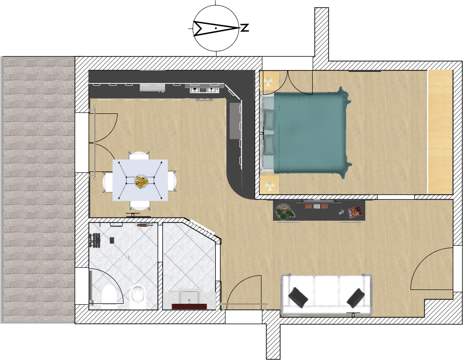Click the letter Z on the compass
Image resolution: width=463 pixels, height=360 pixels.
(x=245, y=28)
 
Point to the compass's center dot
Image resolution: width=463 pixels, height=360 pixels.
(x=216, y=28)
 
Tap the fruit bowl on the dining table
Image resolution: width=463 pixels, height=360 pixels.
(x=141, y=181)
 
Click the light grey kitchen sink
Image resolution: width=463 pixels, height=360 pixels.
(x=152, y=87)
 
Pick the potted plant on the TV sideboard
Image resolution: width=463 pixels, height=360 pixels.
(x=285, y=211)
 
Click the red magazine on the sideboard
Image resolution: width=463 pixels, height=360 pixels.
(x=355, y=212)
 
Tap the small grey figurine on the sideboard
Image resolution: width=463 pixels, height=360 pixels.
(x=342, y=211)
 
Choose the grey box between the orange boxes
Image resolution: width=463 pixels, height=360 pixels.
(x=316, y=206)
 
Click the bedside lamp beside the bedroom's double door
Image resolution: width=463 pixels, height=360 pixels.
(x=268, y=81)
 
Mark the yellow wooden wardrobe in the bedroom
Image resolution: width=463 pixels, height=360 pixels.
(x=440, y=132)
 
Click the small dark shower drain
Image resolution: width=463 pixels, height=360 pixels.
(x=112, y=240)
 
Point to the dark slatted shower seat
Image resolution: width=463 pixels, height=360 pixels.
(x=95, y=240)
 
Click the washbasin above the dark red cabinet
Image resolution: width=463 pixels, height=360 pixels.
(x=189, y=297)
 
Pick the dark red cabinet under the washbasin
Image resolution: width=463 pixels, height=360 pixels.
(x=189, y=306)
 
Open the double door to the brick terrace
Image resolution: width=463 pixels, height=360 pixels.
(x=101, y=143)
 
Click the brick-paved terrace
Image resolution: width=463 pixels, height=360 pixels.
(x=38, y=190)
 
